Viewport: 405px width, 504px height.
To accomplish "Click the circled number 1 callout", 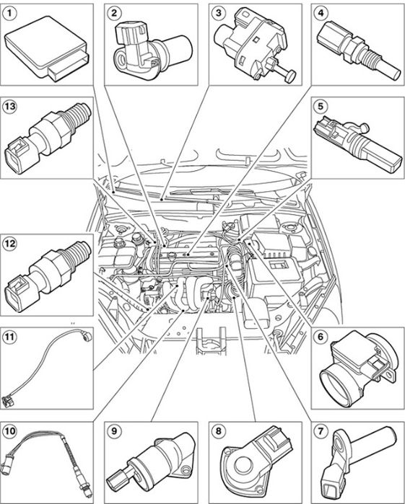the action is point(9,13).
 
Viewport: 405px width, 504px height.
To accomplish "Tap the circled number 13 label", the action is point(9,106).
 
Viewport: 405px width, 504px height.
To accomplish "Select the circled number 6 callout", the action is point(321,337).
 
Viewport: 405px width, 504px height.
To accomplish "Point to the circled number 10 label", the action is point(9,430).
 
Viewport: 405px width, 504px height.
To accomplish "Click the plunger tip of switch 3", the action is point(291,76).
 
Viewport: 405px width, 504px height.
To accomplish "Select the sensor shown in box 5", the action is point(357,144).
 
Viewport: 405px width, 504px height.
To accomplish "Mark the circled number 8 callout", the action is point(219,430).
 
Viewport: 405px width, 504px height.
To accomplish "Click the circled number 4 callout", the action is point(321,13).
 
